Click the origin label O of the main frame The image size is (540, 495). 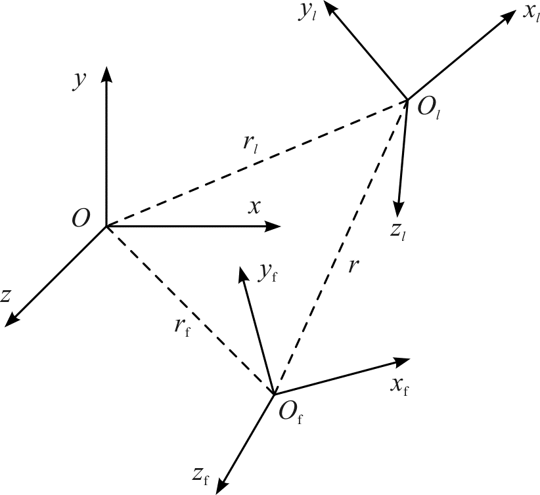click(x=81, y=218)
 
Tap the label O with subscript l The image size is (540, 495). click(x=429, y=108)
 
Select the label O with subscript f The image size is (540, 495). click(x=290, y=412)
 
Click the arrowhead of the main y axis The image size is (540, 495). click(x=106, y=74)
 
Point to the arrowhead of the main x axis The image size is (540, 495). click(x=273, y=226)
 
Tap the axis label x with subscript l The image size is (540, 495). click(x=531, y=13)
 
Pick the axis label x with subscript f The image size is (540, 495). click(x=400, y=386)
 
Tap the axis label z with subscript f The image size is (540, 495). click(x=201, y=476)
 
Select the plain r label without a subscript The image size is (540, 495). click(x=353, y=266)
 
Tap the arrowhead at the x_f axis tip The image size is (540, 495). click(x=402, y=362)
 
